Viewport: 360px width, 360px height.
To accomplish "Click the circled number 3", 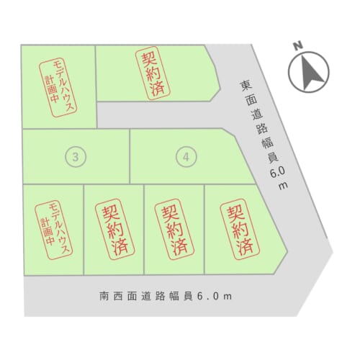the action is point(76,157).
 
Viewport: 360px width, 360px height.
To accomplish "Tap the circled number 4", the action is point(186,157).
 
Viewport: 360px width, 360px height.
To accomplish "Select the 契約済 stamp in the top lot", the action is point(153,73).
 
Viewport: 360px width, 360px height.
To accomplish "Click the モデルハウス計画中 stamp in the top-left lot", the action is point(58,87).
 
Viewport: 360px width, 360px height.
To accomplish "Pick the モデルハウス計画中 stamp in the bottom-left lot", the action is point(53,230).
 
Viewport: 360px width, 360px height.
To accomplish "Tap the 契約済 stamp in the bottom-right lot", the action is point(240,229).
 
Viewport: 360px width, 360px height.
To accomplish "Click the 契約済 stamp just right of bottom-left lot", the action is point(115,229).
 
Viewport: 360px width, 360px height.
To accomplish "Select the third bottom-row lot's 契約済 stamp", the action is point(174,229).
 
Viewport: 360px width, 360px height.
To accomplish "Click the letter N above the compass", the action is point(298,45).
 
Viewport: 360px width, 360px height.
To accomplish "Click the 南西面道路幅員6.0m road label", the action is point(166,296).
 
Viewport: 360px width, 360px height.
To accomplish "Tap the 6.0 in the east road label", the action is point(277,172).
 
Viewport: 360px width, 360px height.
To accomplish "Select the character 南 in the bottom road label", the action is point(104,296).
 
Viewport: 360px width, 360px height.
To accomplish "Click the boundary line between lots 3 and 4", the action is point(130,156).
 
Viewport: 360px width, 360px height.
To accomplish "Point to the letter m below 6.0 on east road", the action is point(283,186).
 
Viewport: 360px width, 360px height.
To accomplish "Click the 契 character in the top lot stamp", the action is point(149,59).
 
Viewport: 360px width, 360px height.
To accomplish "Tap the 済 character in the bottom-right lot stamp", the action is point(246,246).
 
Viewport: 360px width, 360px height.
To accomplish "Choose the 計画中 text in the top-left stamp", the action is point(51,90).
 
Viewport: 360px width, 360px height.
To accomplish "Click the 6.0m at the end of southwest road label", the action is point(215,297).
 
